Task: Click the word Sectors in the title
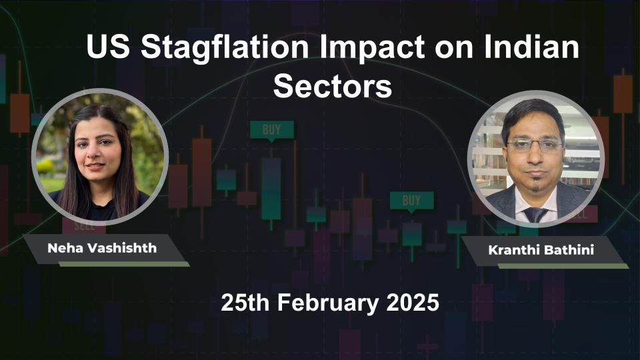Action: pyautogui.click(x=333, y=87)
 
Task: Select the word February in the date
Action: pyautogui.click(x=329, y=303)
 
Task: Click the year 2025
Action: pyautogui.click(x=413, y=303)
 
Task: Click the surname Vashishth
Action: pyautogui.click(x=123, y=249)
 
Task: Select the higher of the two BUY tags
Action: pyautogui.click(x=271, y=130)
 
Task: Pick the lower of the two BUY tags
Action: pyautogui.click(x=411, y=200)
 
